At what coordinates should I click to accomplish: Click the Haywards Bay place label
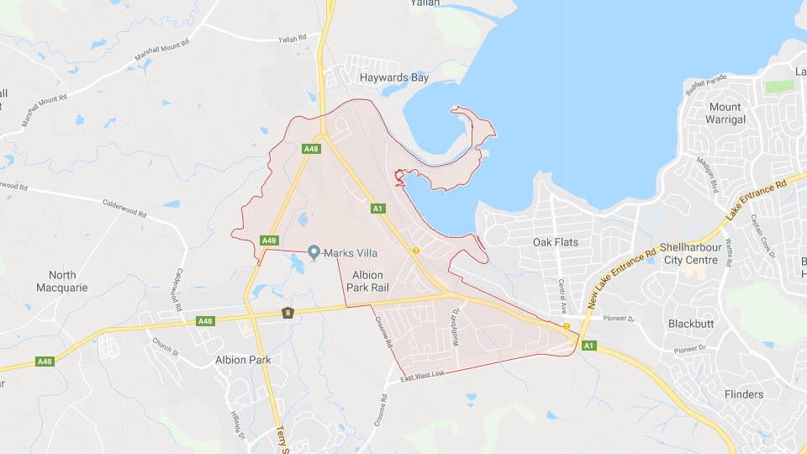[x=394, y=77]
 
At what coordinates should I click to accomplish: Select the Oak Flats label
[x=556, y=242]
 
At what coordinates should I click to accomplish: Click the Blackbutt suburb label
[x=690, y=324]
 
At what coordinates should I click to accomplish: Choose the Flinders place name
[x=744, y=394]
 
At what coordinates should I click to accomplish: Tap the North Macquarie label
[x=62, y=281]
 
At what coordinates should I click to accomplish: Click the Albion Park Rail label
[x=367, y=282]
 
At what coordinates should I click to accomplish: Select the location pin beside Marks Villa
[x=314, y=252]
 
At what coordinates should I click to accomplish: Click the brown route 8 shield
[x=287, y=314]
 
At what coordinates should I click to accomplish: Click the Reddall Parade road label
[x=704, y=87]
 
